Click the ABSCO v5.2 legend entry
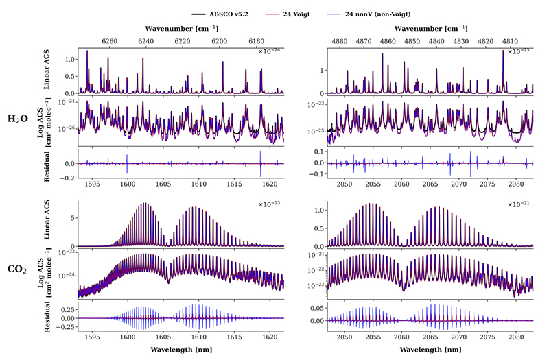(220, 14)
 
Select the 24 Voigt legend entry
(288, 14)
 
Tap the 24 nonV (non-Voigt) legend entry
(369, 14)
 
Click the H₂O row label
(18, 119)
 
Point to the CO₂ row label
(16, 269)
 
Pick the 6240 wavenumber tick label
(145, 41)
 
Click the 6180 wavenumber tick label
(256, 41)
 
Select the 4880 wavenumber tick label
(340, 41)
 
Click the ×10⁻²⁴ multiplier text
(269, 52)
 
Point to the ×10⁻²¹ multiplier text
(519, 204)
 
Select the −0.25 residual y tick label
(66, 327)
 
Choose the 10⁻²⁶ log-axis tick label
(67, 128)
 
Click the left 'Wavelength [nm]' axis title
(181, 350)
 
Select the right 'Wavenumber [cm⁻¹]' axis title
(431, 29)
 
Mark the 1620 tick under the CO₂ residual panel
(270, 337)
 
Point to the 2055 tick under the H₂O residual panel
(373, 184)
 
